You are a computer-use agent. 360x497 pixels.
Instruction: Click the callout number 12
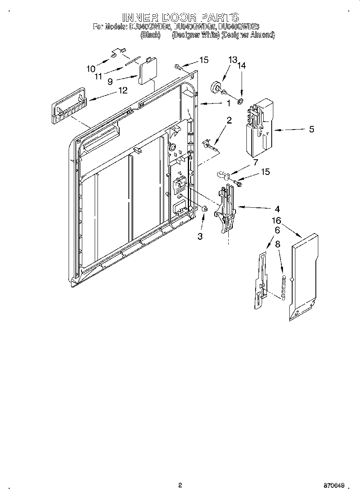click(122, 90)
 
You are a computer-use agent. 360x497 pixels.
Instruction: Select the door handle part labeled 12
click(68, 107)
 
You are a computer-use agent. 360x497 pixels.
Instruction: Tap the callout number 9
click(110, 81)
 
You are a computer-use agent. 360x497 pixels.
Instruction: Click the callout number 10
click(91, 69)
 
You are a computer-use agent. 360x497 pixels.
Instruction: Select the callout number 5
click(311, 129)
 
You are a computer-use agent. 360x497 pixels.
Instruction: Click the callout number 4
click(277, 209)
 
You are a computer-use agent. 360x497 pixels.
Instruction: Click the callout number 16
click(276, 220)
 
